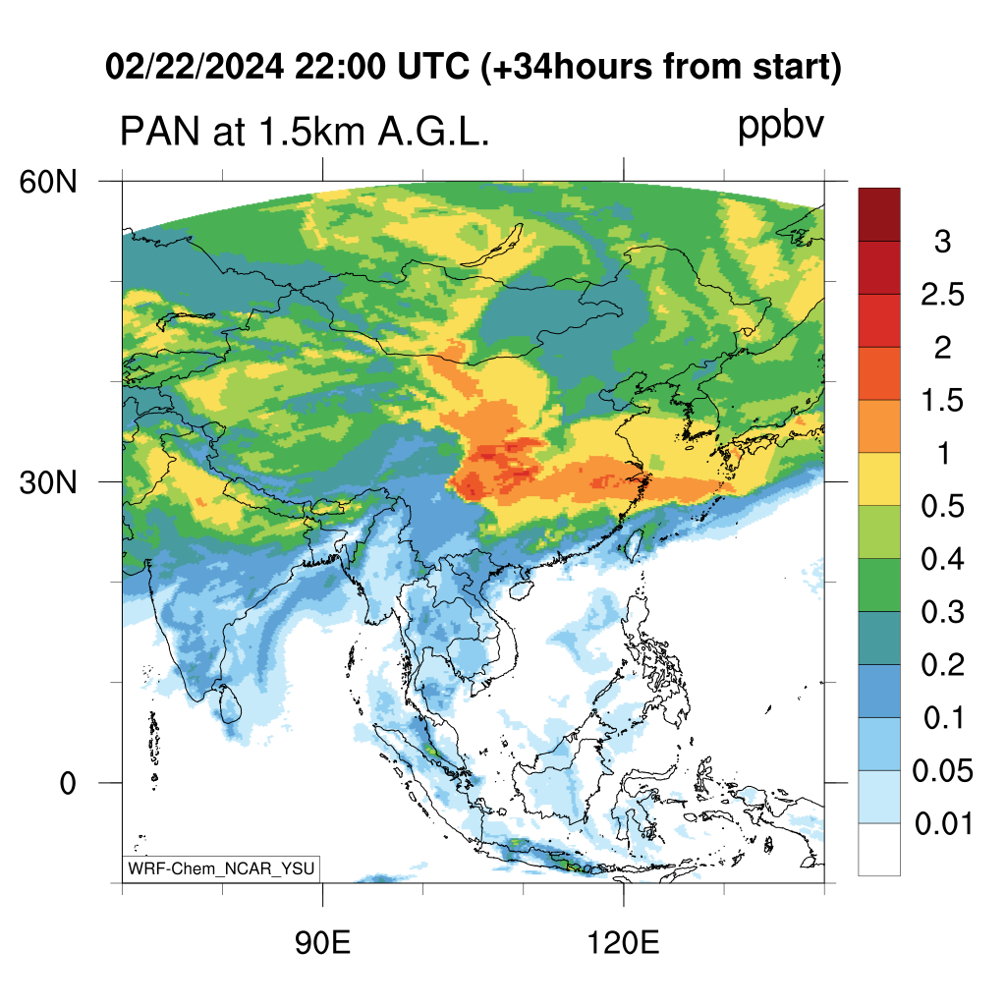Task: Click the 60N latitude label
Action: click(48, 182)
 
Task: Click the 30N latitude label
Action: click(48, 482)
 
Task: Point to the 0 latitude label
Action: click(68, 783)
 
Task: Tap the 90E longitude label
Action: click(322, 943)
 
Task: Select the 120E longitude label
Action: click(623, 943)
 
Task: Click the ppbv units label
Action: click(780, 126)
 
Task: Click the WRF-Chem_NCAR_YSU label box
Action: click(221, 868)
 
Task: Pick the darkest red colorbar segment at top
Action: click(879, 214)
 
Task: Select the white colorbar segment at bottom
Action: click(879, 849)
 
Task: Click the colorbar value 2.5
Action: click(942, 295)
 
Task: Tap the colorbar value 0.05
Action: click(942, 770)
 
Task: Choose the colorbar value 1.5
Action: click(942, 401)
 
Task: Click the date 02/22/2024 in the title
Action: click(195, 67)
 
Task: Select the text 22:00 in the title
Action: click(340, 67)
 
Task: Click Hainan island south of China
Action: click(521, 589)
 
